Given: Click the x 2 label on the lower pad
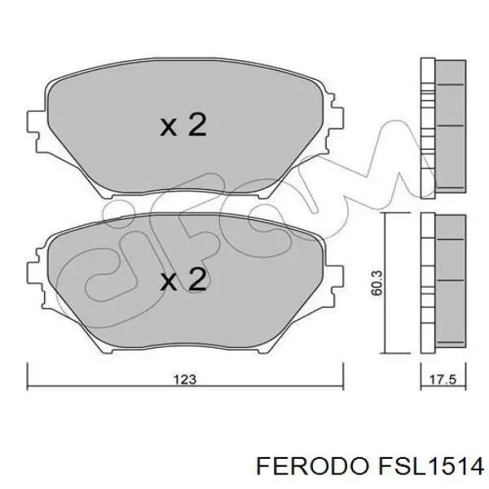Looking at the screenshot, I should coord(183,280).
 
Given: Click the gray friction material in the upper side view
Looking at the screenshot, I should coord(447,126).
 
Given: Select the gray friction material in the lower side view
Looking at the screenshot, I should coord(447,281).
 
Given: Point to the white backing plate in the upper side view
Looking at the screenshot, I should coord(426,126).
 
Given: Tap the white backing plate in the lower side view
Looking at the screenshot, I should coord(426,281).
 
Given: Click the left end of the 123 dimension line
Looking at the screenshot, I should coord(29,366).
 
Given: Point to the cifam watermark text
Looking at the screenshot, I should coord(244,236).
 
